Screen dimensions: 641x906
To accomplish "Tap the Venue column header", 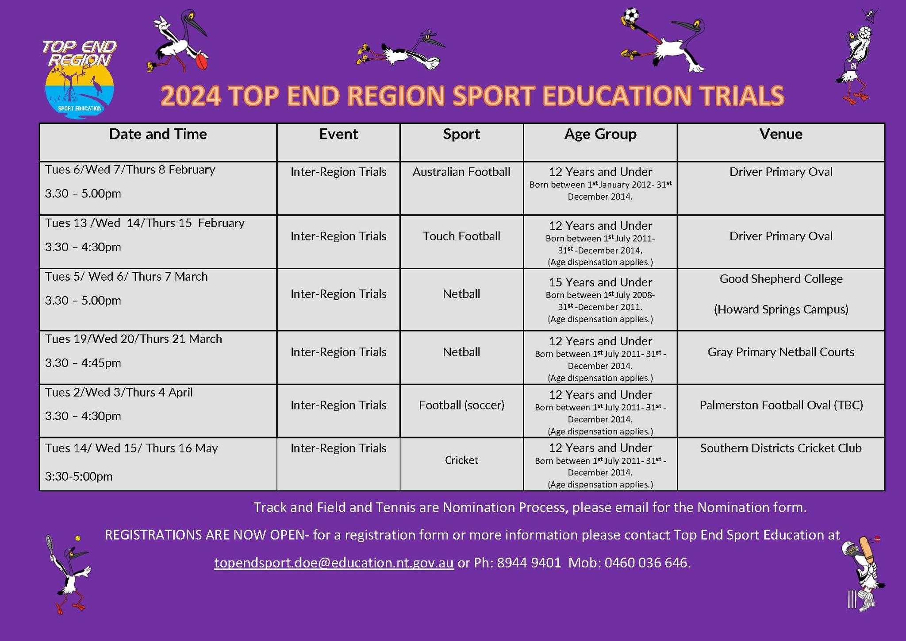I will coord(781,134).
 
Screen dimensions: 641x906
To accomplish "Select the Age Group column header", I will coord(600,134).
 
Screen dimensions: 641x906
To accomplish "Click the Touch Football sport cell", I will coord(461,236).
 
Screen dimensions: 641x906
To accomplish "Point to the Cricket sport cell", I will coord(461,460).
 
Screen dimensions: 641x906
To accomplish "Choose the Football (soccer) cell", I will coord(461,405).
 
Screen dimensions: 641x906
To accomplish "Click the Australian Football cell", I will coord(461,172).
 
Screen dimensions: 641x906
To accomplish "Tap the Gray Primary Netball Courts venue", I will coord(781,352).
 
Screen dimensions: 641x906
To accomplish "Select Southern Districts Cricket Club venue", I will coord(781,448).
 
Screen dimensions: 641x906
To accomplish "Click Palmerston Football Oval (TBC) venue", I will coord(781,405).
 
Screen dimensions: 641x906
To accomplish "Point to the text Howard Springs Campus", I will coord(781,309).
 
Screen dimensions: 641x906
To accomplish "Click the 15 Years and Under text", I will coord(600,282).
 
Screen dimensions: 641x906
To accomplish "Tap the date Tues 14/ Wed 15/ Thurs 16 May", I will coord(131,448).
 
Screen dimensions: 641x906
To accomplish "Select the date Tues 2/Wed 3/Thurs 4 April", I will coord(119,392).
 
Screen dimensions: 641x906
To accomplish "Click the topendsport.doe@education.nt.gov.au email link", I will coord(334,563).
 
